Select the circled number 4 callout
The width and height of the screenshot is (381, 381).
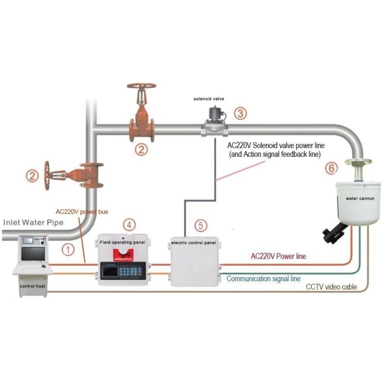coord(130,224)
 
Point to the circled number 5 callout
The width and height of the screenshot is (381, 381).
coord(201,225)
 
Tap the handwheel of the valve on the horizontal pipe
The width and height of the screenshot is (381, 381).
coord(142,89)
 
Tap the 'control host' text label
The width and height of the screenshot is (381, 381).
coord(33,286)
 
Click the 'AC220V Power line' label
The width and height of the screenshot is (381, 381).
coord(279,257)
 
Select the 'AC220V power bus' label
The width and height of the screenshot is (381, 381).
coord(83,211)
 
